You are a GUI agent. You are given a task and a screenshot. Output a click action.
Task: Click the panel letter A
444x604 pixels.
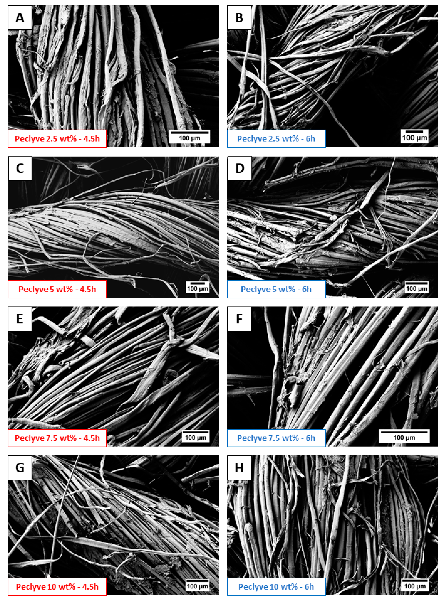20,18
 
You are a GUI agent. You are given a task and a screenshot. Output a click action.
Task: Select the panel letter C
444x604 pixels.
20,169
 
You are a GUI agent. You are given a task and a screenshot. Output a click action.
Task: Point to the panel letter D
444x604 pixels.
240,169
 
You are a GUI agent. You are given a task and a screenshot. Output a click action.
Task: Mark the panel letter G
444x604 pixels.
20,468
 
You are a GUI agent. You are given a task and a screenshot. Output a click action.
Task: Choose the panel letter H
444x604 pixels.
239,468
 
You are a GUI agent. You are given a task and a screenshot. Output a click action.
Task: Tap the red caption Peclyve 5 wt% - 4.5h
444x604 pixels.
57,289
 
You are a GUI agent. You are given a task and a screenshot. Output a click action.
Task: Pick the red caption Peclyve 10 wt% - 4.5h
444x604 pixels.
57,587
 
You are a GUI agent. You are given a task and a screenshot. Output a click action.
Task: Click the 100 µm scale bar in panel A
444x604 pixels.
190,133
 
